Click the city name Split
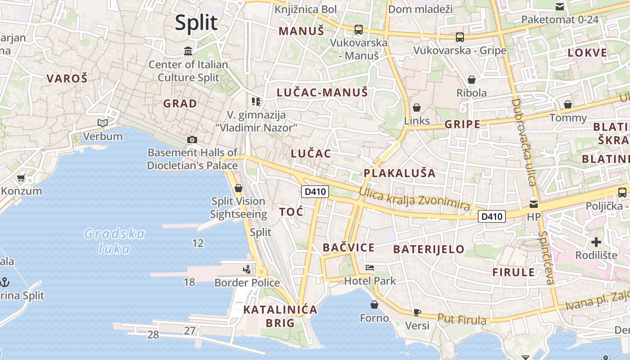(196, 22)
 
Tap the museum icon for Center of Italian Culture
(188, 51)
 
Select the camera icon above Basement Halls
(192, 139)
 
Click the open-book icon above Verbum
(103, 123)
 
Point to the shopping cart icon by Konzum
(21, 178)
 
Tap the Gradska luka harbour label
(115, 241)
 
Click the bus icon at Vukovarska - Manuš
(358, 30)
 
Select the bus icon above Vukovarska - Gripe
(459, 37)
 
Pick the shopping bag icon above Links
(417, 108)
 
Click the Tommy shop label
(568, 118)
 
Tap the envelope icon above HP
(534, 203)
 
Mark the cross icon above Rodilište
(596, 243)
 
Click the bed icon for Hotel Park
(370, 268)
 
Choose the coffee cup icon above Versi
(417, 312)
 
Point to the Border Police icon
(247, 270)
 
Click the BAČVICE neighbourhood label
(349, 247)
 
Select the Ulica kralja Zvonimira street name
(414, 199)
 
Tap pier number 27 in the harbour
(190, 331)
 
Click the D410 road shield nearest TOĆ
(315, 192)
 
